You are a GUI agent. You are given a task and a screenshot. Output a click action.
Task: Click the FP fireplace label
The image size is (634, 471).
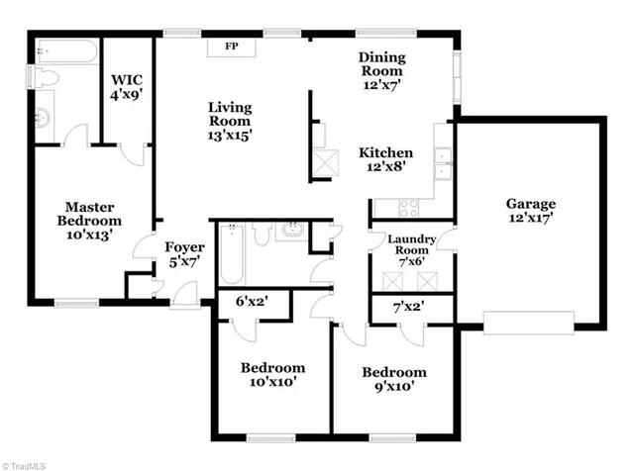coord(232,47)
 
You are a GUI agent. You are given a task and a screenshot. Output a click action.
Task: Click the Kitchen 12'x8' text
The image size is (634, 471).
coord(385,160)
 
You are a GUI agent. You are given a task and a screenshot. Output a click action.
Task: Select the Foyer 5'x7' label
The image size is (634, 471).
coord(184,255)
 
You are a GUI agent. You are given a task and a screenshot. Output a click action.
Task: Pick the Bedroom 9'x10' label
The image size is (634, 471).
coord(393,379)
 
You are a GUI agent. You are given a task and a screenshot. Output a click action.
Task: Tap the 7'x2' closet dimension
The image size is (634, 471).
coord(411,309)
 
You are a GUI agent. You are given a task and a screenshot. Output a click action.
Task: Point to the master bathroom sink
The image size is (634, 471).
coord(43,117)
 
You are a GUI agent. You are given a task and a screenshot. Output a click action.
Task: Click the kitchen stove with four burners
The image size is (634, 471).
coord(407,208)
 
